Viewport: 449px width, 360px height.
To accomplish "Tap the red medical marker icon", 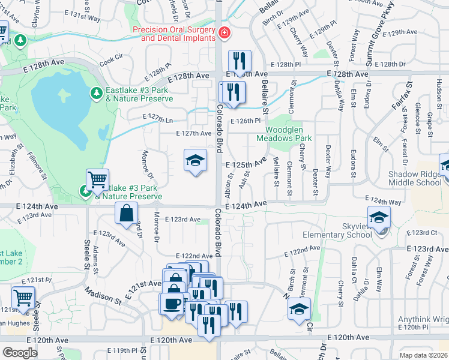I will (x=224, y=32).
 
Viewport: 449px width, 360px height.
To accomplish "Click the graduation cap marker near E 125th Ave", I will (x=195, y=161).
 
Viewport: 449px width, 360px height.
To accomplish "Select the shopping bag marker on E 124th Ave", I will (x=127, y=214).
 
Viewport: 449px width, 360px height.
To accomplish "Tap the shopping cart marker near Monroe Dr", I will (x=98, y=179).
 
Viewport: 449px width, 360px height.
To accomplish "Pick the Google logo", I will (x=20, y=353).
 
